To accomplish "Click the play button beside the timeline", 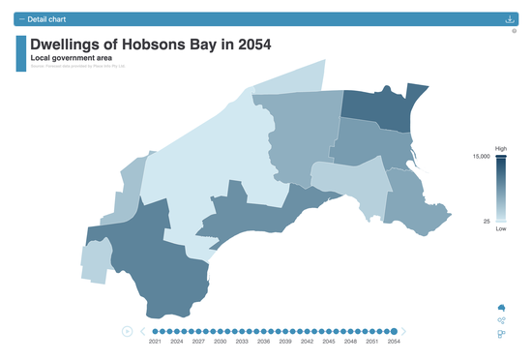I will tap(127, 332).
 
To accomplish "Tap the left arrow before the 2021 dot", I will tap(143, 332).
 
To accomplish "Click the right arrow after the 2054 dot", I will tap(404, 332).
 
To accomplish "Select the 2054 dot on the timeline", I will tap(394, 332).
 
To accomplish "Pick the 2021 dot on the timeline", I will tap(155, 332).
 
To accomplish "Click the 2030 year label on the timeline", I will tap(221, 343).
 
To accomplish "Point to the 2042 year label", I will tap(307, 343).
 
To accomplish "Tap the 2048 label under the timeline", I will tap(350, 343).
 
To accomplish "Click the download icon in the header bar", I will tap(510, 19).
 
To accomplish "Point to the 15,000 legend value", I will tap(481, 156).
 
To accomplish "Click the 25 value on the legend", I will tap(488, 221).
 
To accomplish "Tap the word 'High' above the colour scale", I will tap(501, 148).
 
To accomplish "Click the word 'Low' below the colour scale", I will tap(501, 229).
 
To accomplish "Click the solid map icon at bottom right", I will tap(501, 309).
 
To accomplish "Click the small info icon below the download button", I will tap(515, 31).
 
